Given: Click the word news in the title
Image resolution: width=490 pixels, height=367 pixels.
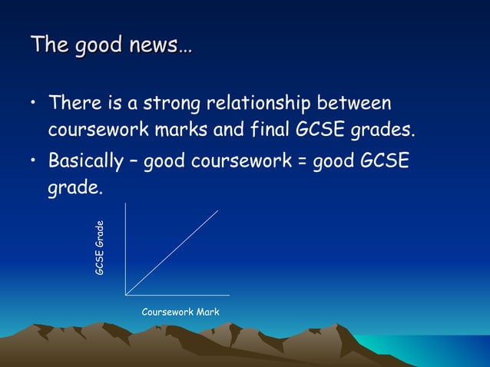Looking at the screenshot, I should (x=154, y=45).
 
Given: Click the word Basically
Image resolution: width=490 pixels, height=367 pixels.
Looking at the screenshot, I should (x=86, y=163).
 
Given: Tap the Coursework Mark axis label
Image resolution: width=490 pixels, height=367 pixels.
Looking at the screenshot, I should (x=180, y=312).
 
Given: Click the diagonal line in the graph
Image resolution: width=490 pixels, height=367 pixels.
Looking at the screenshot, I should (x=172, y=252).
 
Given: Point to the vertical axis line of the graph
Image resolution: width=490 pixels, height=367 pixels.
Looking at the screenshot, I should (x=125, y=246).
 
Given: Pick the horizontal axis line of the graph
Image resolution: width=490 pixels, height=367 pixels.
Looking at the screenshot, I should (x=177, y=295).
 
